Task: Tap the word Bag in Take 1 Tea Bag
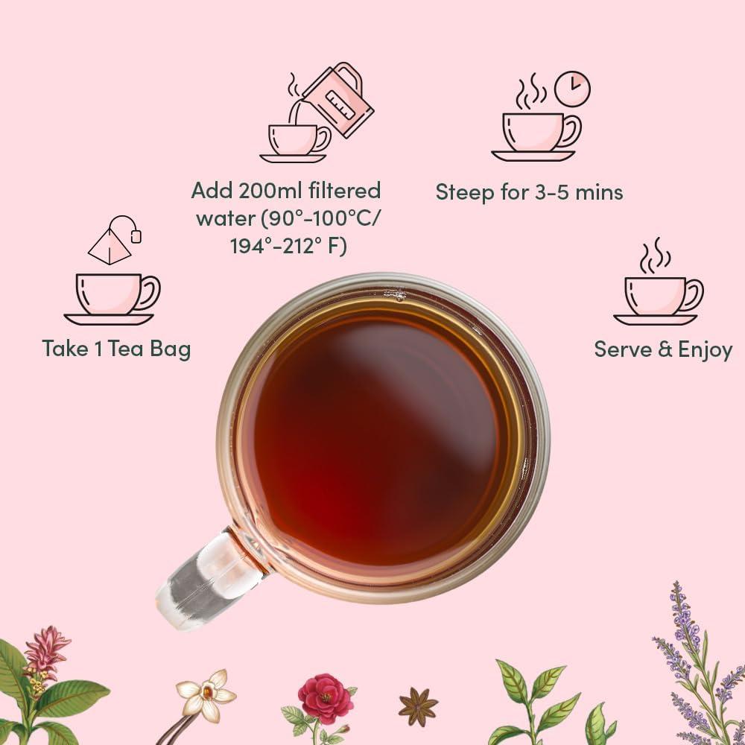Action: (x=170, y=349)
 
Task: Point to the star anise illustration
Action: (x=418, y=706)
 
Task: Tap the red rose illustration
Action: (x=325, y=698)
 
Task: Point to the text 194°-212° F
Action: (x=288, y=246)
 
